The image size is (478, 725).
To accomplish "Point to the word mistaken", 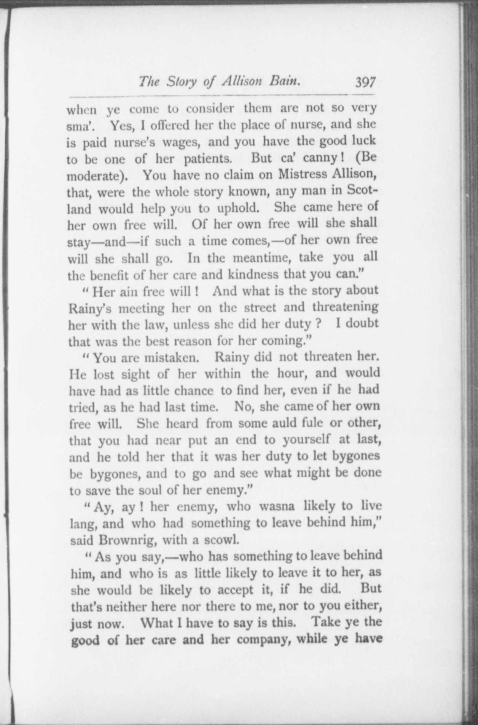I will point(172,358).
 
